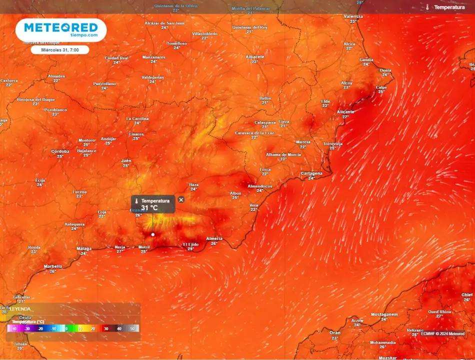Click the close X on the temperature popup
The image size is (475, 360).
point(181,199)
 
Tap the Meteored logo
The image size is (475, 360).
point(61,29)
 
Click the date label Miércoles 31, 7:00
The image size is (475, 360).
point(60,50)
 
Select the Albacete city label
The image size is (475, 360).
point(254,57)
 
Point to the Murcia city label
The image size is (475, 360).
point(303,142)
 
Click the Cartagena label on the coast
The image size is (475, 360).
point(311,173)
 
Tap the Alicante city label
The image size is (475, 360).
point(345,112)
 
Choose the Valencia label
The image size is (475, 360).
point(353,16)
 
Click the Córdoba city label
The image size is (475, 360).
point(60,151)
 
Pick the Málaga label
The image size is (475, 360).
point(84,248)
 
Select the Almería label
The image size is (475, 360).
point(214,239)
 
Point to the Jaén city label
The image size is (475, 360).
point(126,160)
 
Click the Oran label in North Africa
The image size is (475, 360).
point(335,332)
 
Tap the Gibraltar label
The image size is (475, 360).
point(21,296)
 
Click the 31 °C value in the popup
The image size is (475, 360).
point(149,207)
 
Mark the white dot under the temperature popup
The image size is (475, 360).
point(153,234)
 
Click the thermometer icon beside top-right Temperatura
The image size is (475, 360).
point(427,7)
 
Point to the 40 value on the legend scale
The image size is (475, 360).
point(119,329)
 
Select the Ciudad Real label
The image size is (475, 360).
point(116,58)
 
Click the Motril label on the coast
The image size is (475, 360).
point(144,246)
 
